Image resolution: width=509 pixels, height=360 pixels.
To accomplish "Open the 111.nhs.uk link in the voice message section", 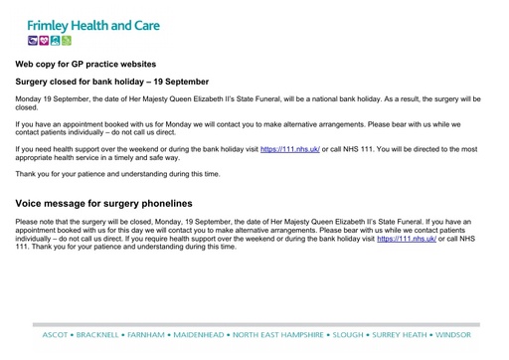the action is pyautogui.click(x=407, y=239).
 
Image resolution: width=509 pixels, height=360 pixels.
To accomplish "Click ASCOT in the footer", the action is pyautogui.click(x=54, y=335).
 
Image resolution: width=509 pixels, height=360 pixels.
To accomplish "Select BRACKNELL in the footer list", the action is pyautogui.click(x=101, y=335).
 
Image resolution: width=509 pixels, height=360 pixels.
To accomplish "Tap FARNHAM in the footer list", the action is pyautogui.click(x=157, y=335).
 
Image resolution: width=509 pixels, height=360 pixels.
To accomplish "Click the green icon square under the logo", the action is pyautogui.click(x=67, y=41).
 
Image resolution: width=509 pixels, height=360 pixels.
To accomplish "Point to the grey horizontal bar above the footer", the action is pyautogui.click(x=254, y=324).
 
